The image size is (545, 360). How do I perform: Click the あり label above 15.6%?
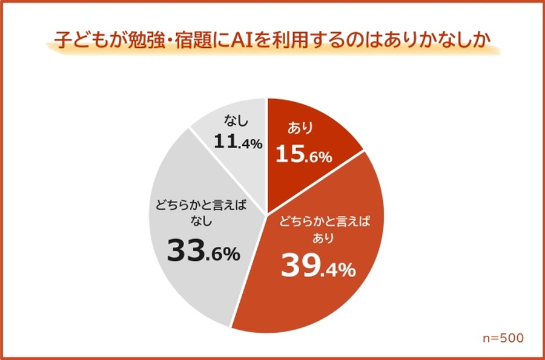297,128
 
